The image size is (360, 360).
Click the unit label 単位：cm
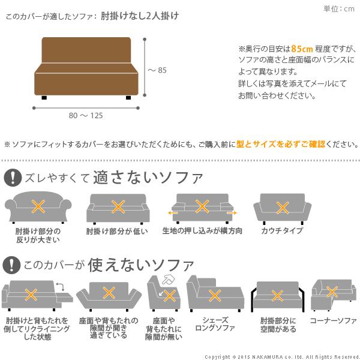(x=339, y=8)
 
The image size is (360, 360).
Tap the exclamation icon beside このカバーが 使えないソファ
(x=11, y=264)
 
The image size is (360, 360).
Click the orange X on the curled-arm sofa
(x=38, y=208)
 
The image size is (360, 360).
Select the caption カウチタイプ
(x=282, y=231)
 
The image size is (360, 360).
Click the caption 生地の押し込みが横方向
(x=202, y=231)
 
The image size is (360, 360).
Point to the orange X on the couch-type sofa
(x=282, y=207)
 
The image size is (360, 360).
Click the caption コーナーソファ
(x=333, y=320)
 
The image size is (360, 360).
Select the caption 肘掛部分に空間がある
(x=278, y=325)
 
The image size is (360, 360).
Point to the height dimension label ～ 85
(x=158, y=70)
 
